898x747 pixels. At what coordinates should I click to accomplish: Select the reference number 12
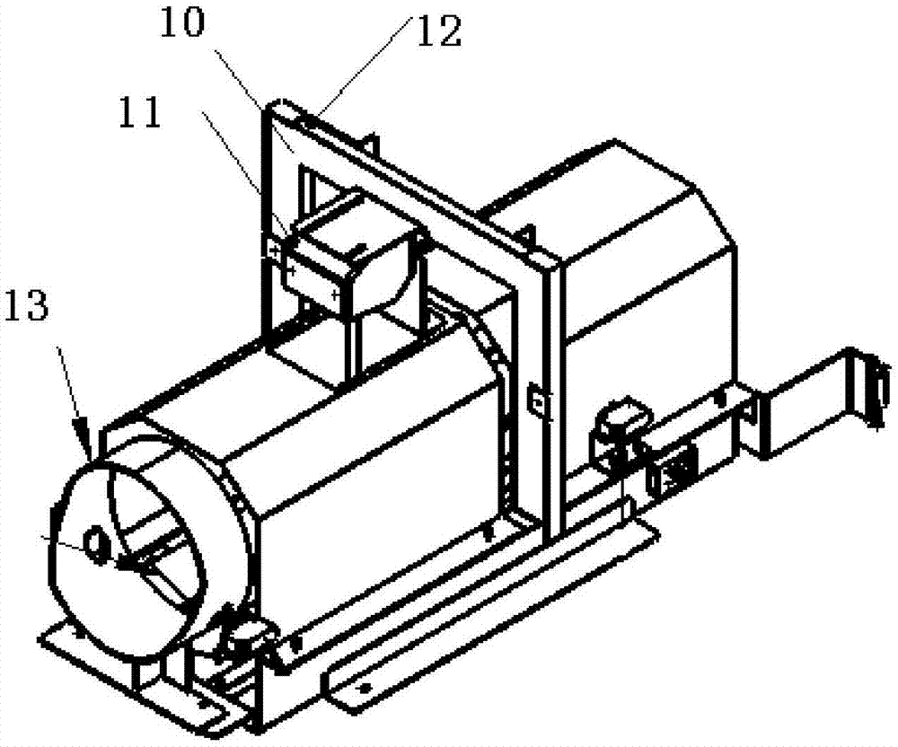[x=439, y=33]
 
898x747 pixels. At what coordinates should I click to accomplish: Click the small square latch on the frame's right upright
[x=536, y=401]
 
